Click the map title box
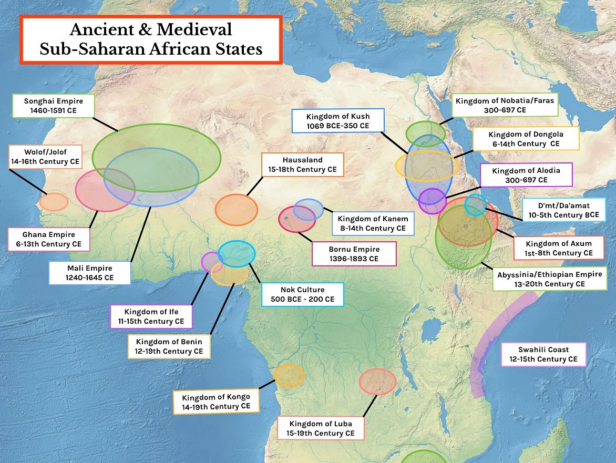151,39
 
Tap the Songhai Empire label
53,106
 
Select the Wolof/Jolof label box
45,157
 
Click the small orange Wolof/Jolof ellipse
54,202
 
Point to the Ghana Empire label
49,239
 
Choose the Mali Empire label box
90,273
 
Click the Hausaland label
302,165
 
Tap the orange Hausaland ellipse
237,210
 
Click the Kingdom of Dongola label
526,139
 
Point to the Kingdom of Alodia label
526,175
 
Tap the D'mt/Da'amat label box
563,210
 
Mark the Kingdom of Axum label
559,248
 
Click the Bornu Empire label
354,254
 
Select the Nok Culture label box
303,294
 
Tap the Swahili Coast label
543,354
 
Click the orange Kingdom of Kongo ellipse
289,376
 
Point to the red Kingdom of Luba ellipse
377,382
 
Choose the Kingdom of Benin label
169,346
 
